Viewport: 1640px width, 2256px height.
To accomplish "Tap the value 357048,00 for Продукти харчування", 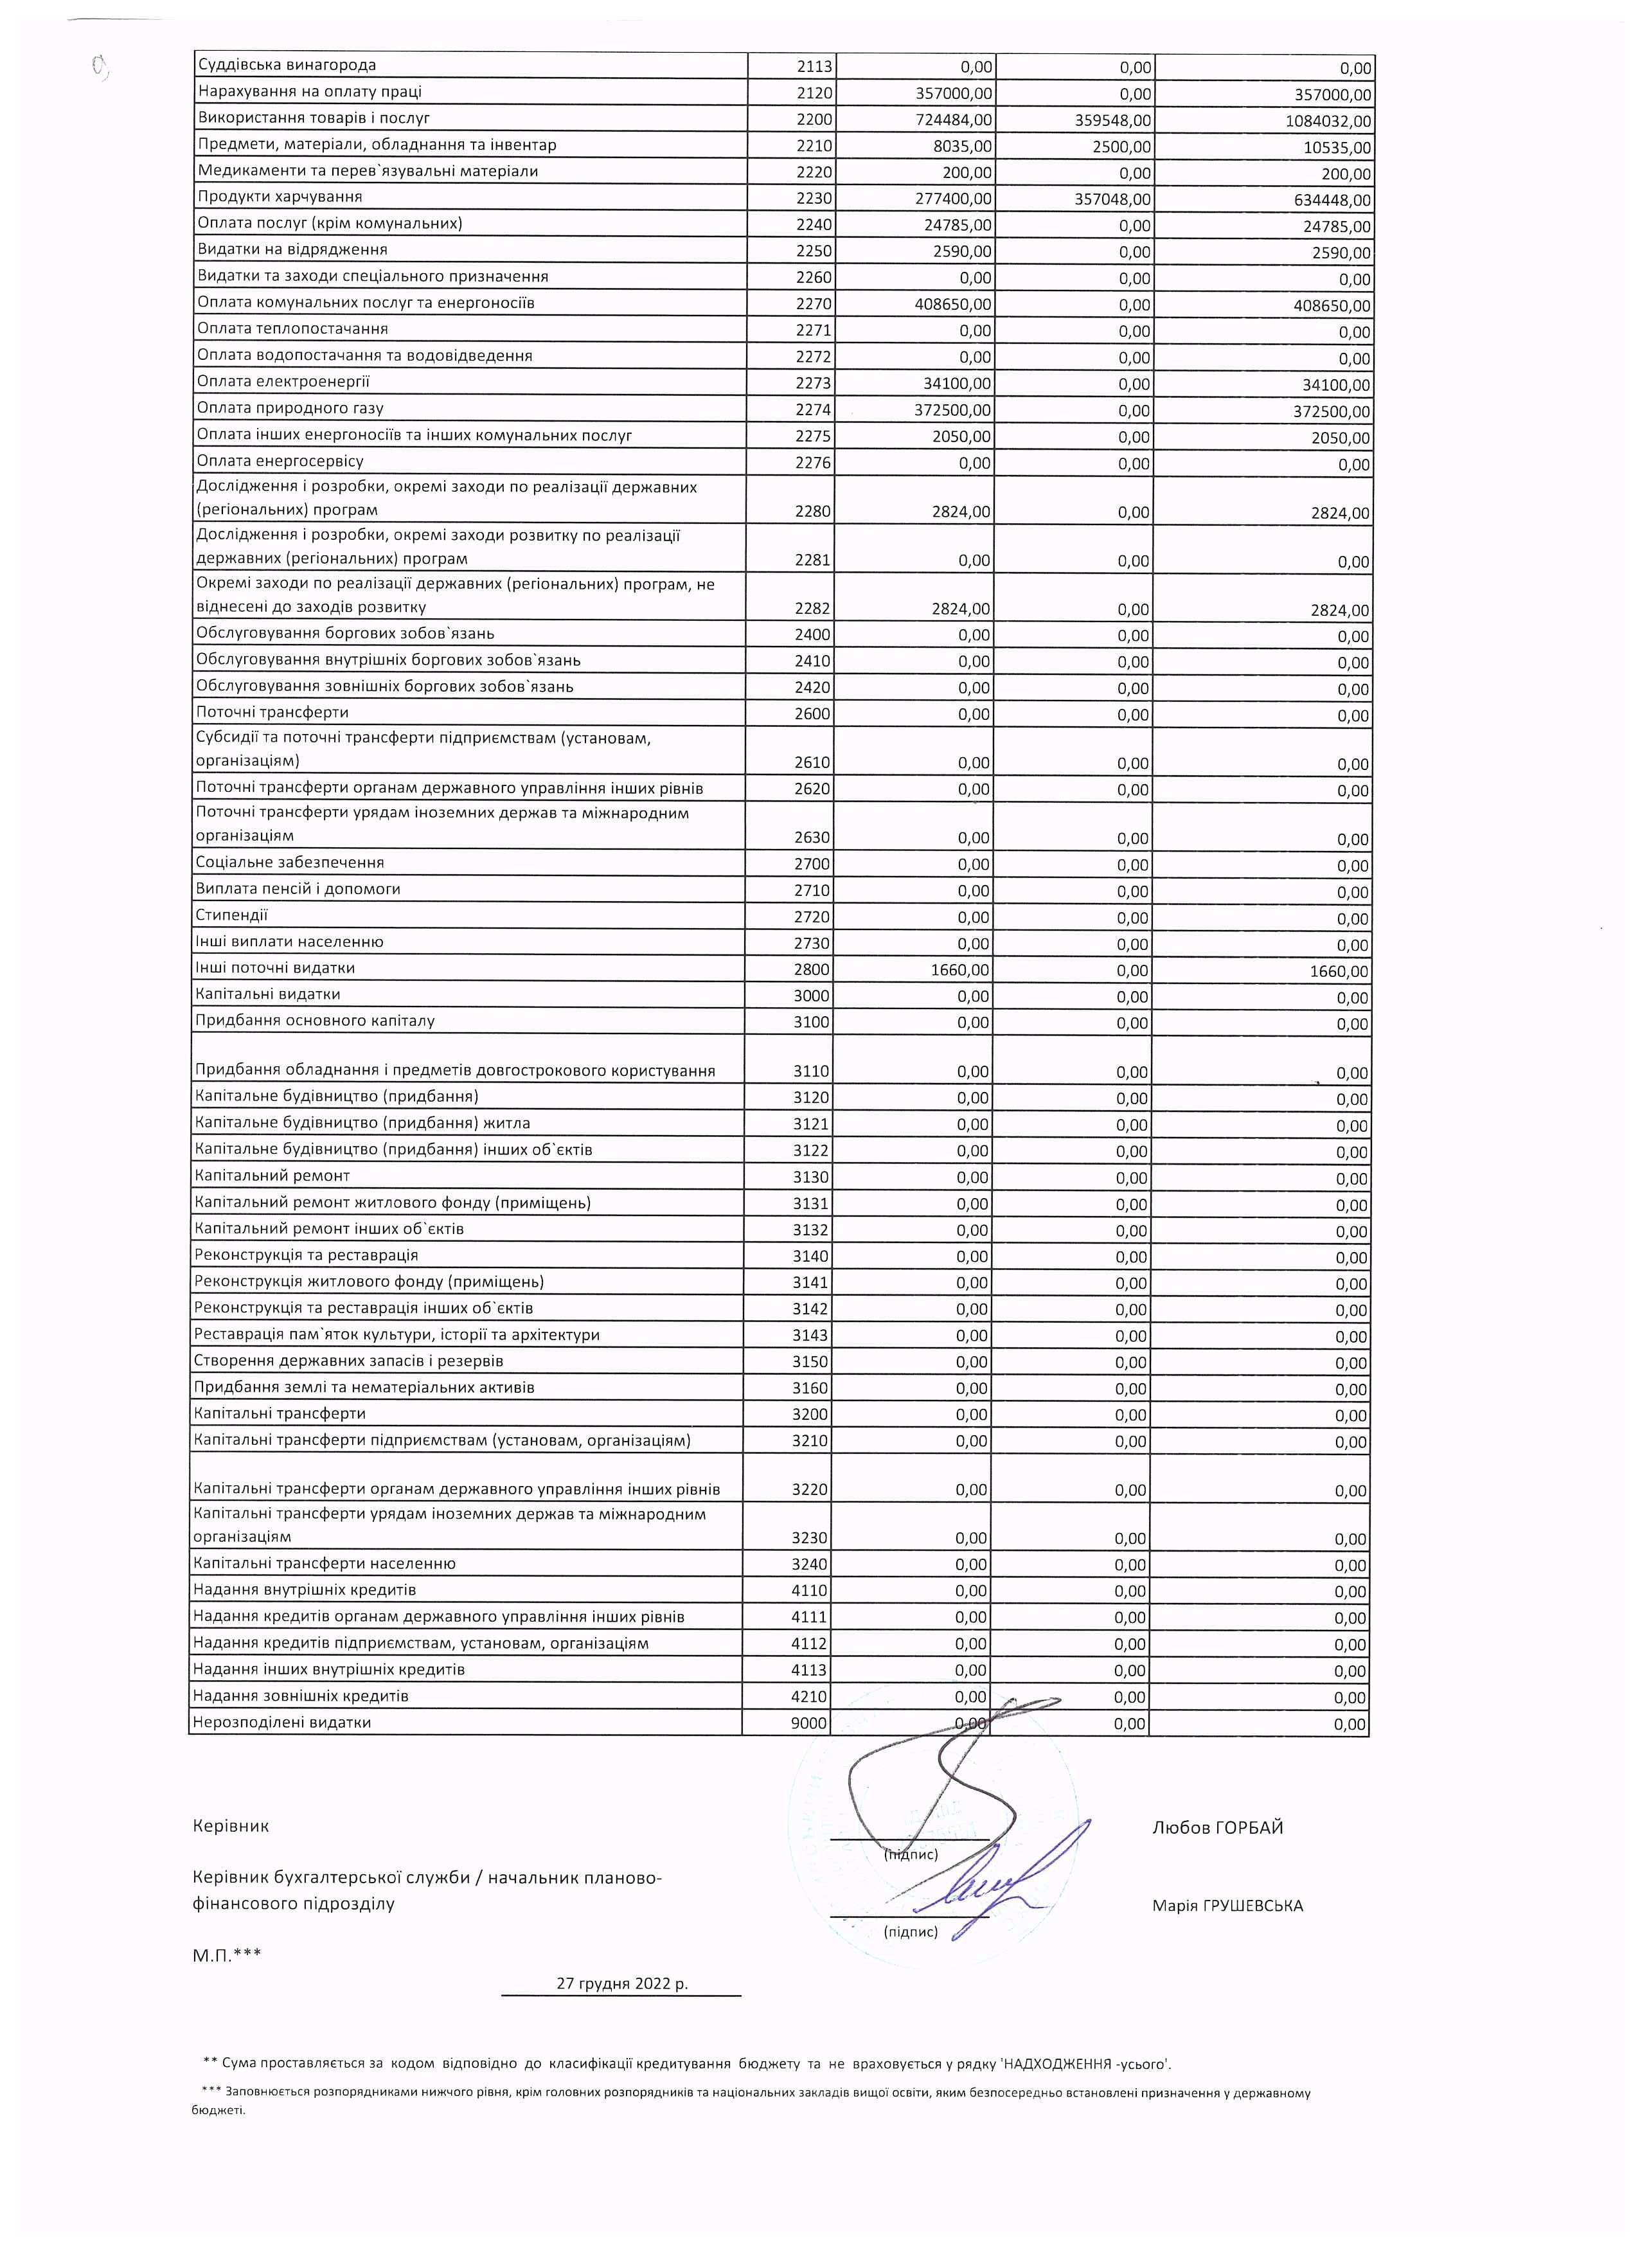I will click(x=1113, y=199).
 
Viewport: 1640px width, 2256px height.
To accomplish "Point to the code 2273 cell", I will click(x=812, y=384).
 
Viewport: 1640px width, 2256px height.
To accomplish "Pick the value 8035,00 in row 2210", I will click(x=963, y=147).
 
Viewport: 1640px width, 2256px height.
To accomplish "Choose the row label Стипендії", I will click(x=232, y=915).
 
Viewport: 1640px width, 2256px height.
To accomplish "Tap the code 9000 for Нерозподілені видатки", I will click(x=808, y=1723).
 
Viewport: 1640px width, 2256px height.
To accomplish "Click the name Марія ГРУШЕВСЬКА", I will click(x=1227, y=1906).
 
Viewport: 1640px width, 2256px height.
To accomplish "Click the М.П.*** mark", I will click(x=227, y=1955).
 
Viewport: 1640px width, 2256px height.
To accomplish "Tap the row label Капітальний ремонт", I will click(x=272, y=1176).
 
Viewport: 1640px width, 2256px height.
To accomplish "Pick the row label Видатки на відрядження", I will click(x=292, y=249).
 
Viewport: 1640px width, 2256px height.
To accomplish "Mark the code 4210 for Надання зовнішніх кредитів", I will click(x=808, y=1696).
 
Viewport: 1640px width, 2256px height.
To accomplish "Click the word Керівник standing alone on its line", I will click(x=231, y=1826).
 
